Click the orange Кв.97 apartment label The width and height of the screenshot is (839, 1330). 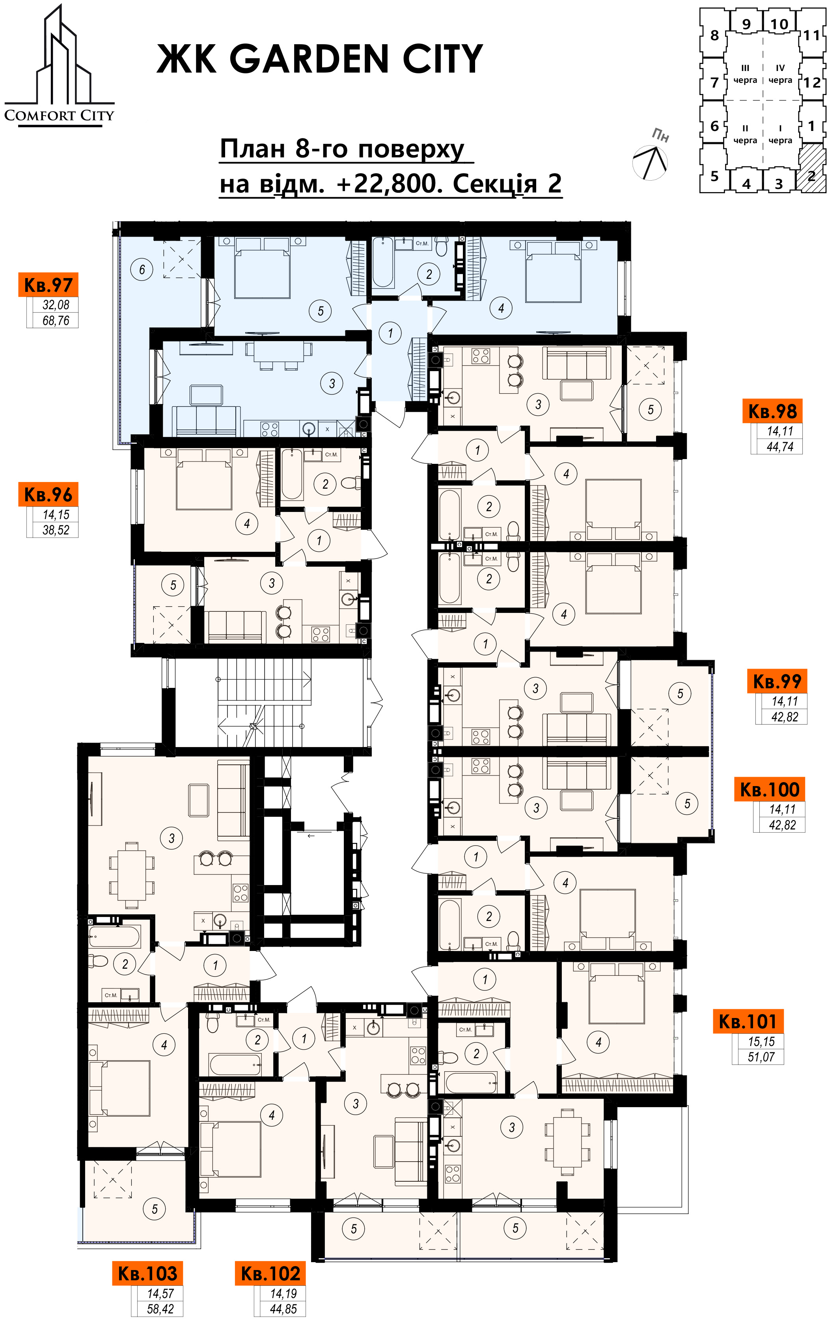tap(48, 285)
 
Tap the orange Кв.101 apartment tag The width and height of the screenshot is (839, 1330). tap(748, 1022)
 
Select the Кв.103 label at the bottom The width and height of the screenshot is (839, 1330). tap(147, 1274)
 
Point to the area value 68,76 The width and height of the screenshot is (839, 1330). tap(56, 320)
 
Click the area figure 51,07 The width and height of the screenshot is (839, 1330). tap(761, 1057)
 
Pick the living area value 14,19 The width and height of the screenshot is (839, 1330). tap(283, 1294)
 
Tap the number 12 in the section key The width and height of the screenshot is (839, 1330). tap(811, 83)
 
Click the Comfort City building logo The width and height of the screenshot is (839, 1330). tap(59, 66)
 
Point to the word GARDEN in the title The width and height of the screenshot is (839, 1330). tap(309, 59)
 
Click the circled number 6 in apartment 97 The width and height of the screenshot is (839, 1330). tap(142, 269)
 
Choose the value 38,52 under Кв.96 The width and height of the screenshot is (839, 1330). tap(56, 530)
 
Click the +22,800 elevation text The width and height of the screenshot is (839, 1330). tap(390, 183)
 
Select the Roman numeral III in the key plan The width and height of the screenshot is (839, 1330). tap(745, 68)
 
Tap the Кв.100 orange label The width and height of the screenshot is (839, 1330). tap(770, 790)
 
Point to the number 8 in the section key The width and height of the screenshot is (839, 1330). tap(714, 35)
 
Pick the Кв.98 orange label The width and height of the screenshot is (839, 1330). tap(772, 411)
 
